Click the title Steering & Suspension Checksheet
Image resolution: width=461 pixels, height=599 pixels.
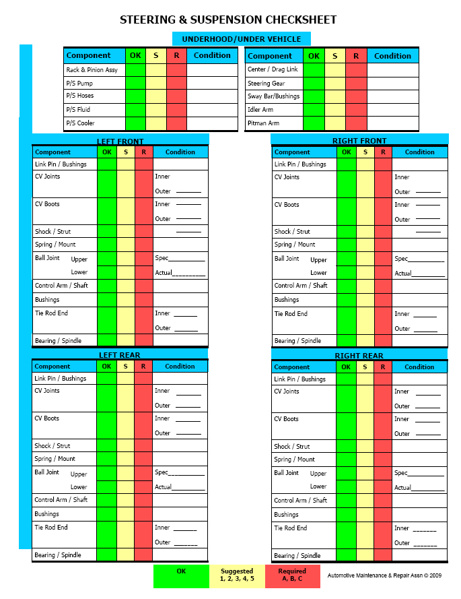[x=228, y=20]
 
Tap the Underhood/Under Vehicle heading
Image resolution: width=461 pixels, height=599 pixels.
[x=241, y=39]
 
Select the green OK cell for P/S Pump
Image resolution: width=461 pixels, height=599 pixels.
[x=135, y=84]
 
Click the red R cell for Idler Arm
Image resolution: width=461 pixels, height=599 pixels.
[x=356, y=110]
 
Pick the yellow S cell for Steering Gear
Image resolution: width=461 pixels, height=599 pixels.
[x=334, y=84]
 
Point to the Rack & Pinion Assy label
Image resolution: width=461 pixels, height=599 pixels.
[x=92, y=70]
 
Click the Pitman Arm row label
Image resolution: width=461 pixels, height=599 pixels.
[x=263, y=123]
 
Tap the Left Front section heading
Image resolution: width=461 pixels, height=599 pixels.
[x=120, y=141]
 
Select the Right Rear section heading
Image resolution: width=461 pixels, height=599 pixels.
[x=359, y=355]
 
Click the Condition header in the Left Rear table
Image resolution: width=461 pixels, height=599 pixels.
[x=180, y=367]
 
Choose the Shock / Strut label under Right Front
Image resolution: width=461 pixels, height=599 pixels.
[x=292, y=232]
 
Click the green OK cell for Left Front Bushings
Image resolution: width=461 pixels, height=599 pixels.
[x=106, y=300]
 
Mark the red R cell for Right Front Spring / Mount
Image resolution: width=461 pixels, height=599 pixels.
[x=383, y=245]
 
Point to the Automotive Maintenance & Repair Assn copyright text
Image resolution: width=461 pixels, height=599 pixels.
[x=384, y=575]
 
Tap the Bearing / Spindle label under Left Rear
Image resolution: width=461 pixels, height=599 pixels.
[x=58, y=555]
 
